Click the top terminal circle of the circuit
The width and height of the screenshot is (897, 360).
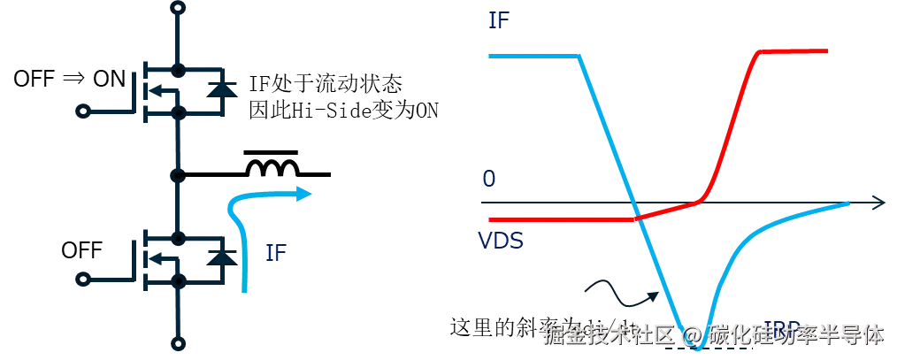(179, 7)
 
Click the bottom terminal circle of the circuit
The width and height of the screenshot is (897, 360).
(179, 343)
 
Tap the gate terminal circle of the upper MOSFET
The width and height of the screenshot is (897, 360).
(83, 111)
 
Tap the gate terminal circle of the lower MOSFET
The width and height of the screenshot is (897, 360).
(83, 281)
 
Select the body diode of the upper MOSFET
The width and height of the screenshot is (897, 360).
(221, 88)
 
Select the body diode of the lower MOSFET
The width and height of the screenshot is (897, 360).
(221, 258)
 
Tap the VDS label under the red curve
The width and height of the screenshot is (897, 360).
(499, 241)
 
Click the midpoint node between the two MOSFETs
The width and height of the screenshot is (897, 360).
(179, 174)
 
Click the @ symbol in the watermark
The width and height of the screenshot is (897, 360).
(693, 334)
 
